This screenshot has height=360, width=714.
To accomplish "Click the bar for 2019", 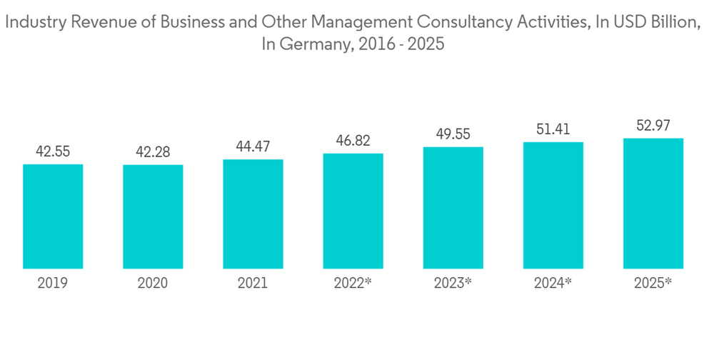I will tap(53, 217).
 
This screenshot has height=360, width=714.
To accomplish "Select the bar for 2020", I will tap(153, 217).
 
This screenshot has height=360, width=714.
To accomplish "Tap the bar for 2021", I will tap(253, 214).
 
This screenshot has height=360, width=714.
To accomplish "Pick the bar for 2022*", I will tap(353, 211).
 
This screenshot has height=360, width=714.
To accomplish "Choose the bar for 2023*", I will tap(453, 209).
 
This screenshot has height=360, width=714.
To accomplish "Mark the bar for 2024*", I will tap(553, 206).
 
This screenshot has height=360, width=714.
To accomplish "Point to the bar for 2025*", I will tap(653, 204).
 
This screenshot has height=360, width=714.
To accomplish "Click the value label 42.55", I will tap(53, 151).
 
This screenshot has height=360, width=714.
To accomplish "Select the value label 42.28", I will tap(153, 152).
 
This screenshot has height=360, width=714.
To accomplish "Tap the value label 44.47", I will tap(253, 146).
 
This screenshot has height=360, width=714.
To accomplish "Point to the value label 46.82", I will tap(353, 141).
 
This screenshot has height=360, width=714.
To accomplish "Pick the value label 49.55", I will tap(453, 134).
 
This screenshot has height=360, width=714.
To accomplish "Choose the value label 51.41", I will tap(553, 129).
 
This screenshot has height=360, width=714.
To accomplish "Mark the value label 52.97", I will tap(653, 126).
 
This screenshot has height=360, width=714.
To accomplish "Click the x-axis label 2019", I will tap(53, 284).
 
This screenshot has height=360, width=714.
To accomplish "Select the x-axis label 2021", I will tap(253, 284).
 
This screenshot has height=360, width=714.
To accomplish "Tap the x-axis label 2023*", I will tap(453, 284).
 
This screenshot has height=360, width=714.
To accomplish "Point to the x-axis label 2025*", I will tap(653, 284).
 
